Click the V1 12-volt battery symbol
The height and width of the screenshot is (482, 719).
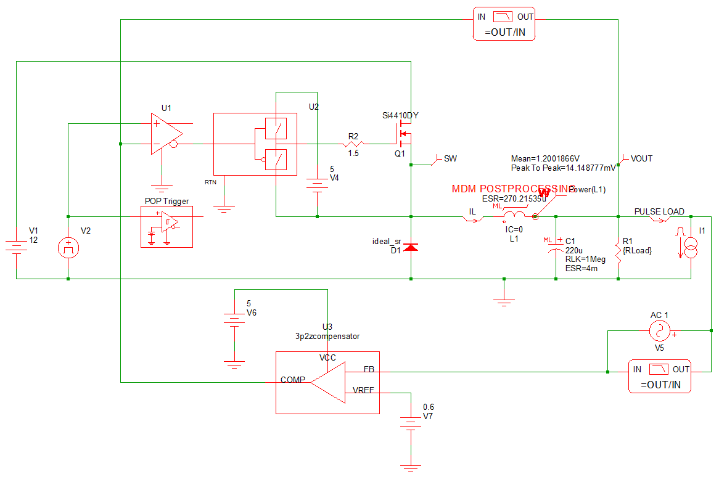pos(17,248)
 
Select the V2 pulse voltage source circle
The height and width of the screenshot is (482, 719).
pos(68,248)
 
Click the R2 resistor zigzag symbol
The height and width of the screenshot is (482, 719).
pos(353,145)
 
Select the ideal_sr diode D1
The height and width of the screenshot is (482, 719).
pos(411,247)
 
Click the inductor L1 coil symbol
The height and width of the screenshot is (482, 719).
pos(515,215)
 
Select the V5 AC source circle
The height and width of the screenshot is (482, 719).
pos(659,332)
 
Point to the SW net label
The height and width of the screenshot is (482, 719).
pos(450,159)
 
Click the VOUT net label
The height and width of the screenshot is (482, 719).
pos(641,159)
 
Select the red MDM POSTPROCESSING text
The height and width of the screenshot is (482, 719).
pos(513,189)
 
